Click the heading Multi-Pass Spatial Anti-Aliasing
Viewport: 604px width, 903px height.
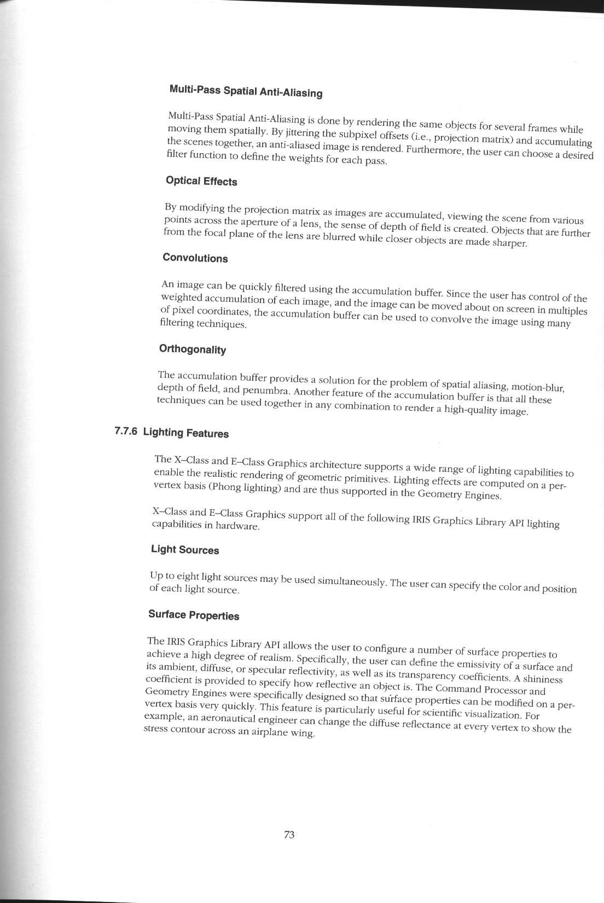246,91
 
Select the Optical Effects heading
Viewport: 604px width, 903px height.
201,181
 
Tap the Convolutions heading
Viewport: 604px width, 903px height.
195,258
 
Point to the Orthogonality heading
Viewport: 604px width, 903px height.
193,349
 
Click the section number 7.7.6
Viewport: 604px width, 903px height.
126,432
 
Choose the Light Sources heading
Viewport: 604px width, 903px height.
185,550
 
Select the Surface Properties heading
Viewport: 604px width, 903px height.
194,615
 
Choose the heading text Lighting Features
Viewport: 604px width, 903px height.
186,433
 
